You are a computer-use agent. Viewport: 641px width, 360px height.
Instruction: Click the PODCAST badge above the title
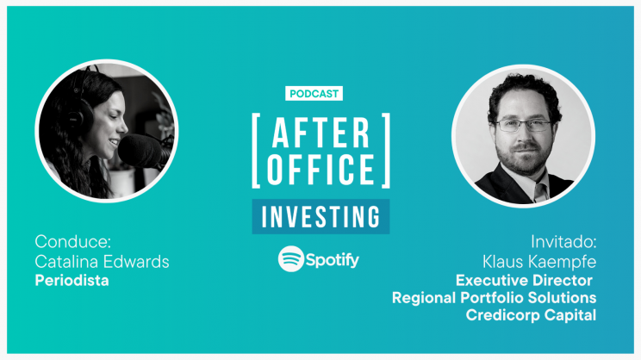click(x=314, y=94)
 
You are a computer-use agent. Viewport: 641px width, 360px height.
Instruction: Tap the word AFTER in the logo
click(x=320, y=133)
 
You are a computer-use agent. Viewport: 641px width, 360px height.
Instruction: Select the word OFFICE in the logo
click(x=320, y=169)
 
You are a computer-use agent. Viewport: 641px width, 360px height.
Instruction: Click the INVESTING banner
click(x=320, y=216)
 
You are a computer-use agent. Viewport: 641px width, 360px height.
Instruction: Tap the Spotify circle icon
click(x=291, y=258)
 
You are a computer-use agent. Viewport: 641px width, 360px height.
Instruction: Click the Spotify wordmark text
click(x=333, y=260)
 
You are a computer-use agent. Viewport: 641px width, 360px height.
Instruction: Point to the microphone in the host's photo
click(x=143, y=152)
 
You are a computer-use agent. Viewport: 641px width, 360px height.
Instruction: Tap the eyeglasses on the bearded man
click(x=522, y=126)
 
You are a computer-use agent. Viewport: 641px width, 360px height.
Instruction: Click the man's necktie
click(x=540, y=192)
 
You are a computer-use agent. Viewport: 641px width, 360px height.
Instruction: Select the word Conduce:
click(x=72, y=241)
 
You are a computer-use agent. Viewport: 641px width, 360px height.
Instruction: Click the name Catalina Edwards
click(x=102, y=262)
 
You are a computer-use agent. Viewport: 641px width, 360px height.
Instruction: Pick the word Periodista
click(x=72, y=280)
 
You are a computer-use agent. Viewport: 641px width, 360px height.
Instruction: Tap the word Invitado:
click(x=563, y=242)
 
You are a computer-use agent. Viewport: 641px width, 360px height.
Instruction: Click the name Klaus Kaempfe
click(x=539, y=262)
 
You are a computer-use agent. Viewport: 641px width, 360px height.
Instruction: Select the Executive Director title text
click(x=524, y=280)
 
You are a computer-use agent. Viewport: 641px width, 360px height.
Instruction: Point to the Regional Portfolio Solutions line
click(x=495, y=297)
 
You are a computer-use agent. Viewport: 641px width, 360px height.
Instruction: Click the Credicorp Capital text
click(x=531, y=315)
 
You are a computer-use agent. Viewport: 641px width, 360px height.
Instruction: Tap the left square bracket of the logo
click(x=256, y=151)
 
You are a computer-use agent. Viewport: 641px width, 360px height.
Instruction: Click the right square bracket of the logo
click(x=386, y=151)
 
